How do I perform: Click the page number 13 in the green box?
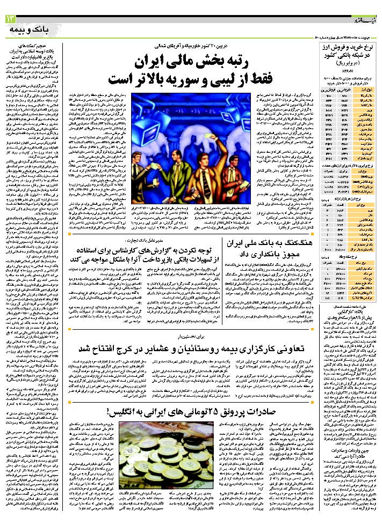click(x=11, y=19)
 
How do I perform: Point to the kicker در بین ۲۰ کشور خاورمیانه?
click(x=189, y=45)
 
